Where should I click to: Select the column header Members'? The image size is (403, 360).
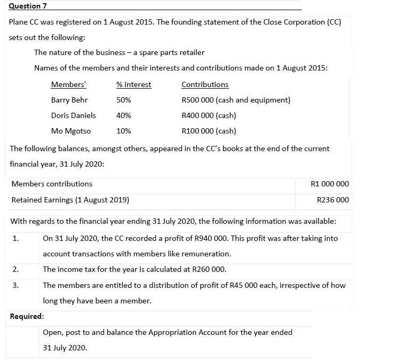[68, 84]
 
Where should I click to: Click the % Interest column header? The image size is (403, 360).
[133, 84]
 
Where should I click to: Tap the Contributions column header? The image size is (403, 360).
[205, 84]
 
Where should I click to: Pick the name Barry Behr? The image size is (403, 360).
[69, 100]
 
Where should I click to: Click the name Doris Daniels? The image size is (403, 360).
[74, 115]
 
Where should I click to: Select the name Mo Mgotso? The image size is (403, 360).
[71, 131]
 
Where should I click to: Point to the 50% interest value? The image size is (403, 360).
[123, 100]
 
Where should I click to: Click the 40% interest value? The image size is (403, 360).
[123, 115]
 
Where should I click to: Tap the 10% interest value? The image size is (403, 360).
[123, 131]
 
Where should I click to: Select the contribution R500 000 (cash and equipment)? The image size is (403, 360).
[236, 100]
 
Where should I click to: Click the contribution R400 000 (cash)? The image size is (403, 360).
[209, 115]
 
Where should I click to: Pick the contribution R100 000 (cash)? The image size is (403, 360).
[209, 131]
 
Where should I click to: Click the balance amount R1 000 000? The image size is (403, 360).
[329, 184]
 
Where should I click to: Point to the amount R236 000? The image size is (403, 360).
[333, 200]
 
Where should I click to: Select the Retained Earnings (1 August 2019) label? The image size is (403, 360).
[70, 200]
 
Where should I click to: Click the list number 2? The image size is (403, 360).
[14, 270]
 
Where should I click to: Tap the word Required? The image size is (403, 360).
[27, 316]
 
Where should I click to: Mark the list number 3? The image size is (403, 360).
[14, 285]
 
